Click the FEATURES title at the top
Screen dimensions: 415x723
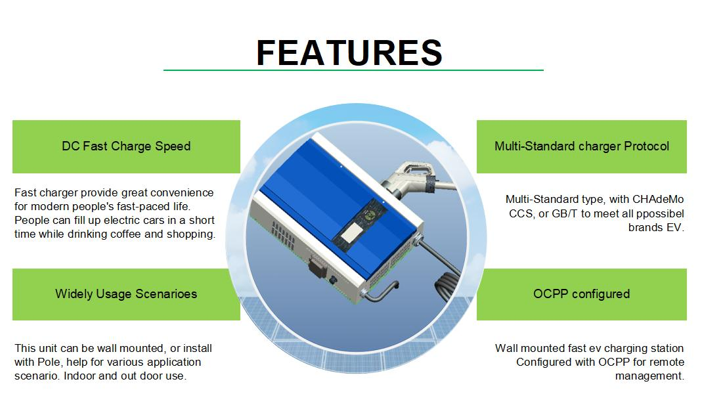tap(349, 53)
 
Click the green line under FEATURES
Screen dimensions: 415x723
tap(353, 70)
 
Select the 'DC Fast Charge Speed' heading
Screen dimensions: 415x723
tap(126, 146)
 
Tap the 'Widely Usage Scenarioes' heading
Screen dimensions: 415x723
tap(126, 294)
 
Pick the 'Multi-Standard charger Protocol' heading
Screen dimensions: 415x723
tap(582, 146)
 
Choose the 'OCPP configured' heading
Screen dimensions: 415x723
tap(582, 294)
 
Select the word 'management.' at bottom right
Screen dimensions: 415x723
tap(649, 376)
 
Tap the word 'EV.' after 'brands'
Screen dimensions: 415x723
tap(675, 228)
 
